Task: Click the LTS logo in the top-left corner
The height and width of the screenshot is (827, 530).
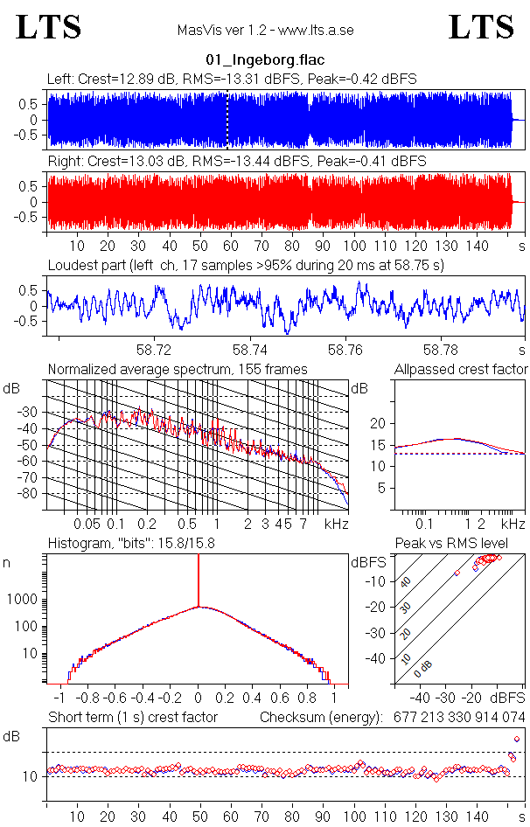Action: (x=49, y=28)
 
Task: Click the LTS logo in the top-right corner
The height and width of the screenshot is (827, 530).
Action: (x=481, y=28)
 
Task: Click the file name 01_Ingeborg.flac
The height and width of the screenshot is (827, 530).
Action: (x=265, y=60)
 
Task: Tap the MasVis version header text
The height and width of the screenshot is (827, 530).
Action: (x=265, y=30)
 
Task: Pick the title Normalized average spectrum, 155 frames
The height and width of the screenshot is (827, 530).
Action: (x=178, y=369)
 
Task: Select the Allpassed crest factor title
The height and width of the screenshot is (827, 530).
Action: (x=461, y=369)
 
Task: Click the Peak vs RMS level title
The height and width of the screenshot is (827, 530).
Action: (x=452, y=544)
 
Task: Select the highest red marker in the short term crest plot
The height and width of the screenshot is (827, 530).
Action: (x=517, y=739)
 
